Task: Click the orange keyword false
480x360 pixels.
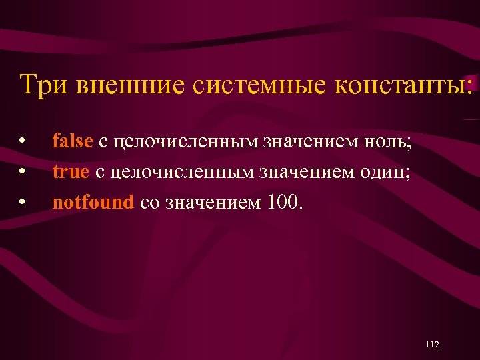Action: click(73, 141)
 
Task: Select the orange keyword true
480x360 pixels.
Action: click(71, 172)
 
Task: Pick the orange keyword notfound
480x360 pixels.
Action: click(93, 203)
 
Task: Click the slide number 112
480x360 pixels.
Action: click(432, 344)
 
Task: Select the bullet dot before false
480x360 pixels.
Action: click(23, 142)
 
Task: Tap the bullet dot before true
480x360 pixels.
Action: click(23, 173)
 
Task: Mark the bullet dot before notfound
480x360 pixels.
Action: click(23, 203)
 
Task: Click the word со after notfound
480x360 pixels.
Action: click(149, 203)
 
